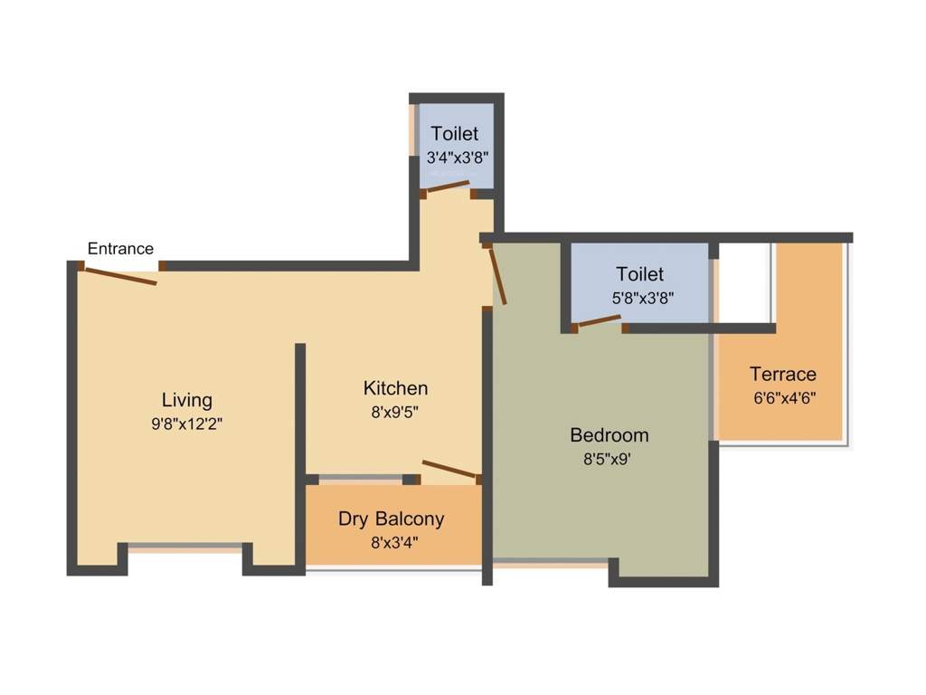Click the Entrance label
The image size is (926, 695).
coord(120,249)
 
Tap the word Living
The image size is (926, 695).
coord(186,401)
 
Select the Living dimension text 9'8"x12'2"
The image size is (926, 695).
coord(186,424)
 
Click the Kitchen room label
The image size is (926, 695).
coord(396,388)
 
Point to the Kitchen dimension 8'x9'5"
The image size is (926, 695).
coord(394,412)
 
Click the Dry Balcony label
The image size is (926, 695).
coord(391,519)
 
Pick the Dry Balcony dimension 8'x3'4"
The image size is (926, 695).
coord(394,542)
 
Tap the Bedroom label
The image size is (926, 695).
coord(609,435)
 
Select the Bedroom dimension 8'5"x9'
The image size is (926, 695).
coord(607,459)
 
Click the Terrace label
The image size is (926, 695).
coord(783,374)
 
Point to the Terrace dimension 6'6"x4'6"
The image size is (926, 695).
coord(784,398)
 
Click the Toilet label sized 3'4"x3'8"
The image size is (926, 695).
coord(454,134)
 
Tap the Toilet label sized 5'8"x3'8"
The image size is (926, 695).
coord(639,274)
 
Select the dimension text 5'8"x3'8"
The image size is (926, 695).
coord(643,298)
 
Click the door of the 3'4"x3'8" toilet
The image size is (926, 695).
coord(448,186)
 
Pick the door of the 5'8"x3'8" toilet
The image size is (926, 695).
coord(600,321)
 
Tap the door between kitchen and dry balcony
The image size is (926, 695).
coord(449,469)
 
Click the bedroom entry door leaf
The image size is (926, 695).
coord(497,277)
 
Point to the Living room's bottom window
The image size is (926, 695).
coord(184,547)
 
